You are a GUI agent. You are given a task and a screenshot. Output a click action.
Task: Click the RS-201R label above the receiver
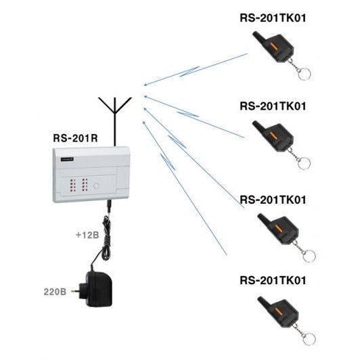[75, 138]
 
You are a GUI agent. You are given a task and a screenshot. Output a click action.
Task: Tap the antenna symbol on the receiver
[115, 122]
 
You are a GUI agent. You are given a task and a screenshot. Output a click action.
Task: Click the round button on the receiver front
[96, 185]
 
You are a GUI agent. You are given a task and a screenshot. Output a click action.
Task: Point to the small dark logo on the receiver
[67, 159]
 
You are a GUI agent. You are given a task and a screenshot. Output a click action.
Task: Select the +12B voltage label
[87, 235]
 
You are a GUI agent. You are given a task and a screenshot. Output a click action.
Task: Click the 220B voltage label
[55, 292]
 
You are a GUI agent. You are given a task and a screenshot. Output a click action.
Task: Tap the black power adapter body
[99, 289]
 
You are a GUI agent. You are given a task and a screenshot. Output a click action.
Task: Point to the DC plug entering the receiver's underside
[110, 206]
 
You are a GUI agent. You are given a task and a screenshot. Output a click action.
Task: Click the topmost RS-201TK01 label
[273, 18]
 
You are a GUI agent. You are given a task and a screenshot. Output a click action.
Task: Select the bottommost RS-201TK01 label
[273, 280]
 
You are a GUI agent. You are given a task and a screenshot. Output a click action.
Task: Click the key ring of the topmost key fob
[305, 74]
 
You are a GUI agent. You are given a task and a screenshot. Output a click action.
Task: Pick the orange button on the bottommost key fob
[279, 312]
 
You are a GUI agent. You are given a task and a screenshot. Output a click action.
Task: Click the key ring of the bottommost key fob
[309, 338]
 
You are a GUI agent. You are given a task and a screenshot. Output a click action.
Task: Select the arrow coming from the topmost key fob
[196, 70]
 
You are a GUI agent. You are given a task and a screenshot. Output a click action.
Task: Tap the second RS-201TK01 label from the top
[273, 106]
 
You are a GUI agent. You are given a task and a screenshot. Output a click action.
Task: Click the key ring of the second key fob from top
[304, 162]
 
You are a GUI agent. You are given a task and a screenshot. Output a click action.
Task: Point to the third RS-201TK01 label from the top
[273, 200]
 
